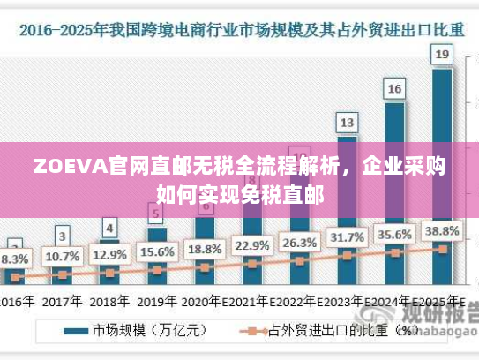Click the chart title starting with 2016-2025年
click(239, 29)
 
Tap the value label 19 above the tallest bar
click(442, 55)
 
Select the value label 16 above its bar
click(394, 88)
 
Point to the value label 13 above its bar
click(348, 122)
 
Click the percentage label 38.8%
click(442, 231)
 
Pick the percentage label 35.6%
click(394, 235)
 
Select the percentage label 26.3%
click(299, 242)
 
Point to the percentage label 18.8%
click(205, 248)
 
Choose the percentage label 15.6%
click(157, 251)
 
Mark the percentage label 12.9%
click(109, 255)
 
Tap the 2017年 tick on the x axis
click(62, 300)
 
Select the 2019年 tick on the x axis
click(157, 300)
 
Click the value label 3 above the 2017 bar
click(62, 236)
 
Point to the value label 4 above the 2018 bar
click(109, 228)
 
